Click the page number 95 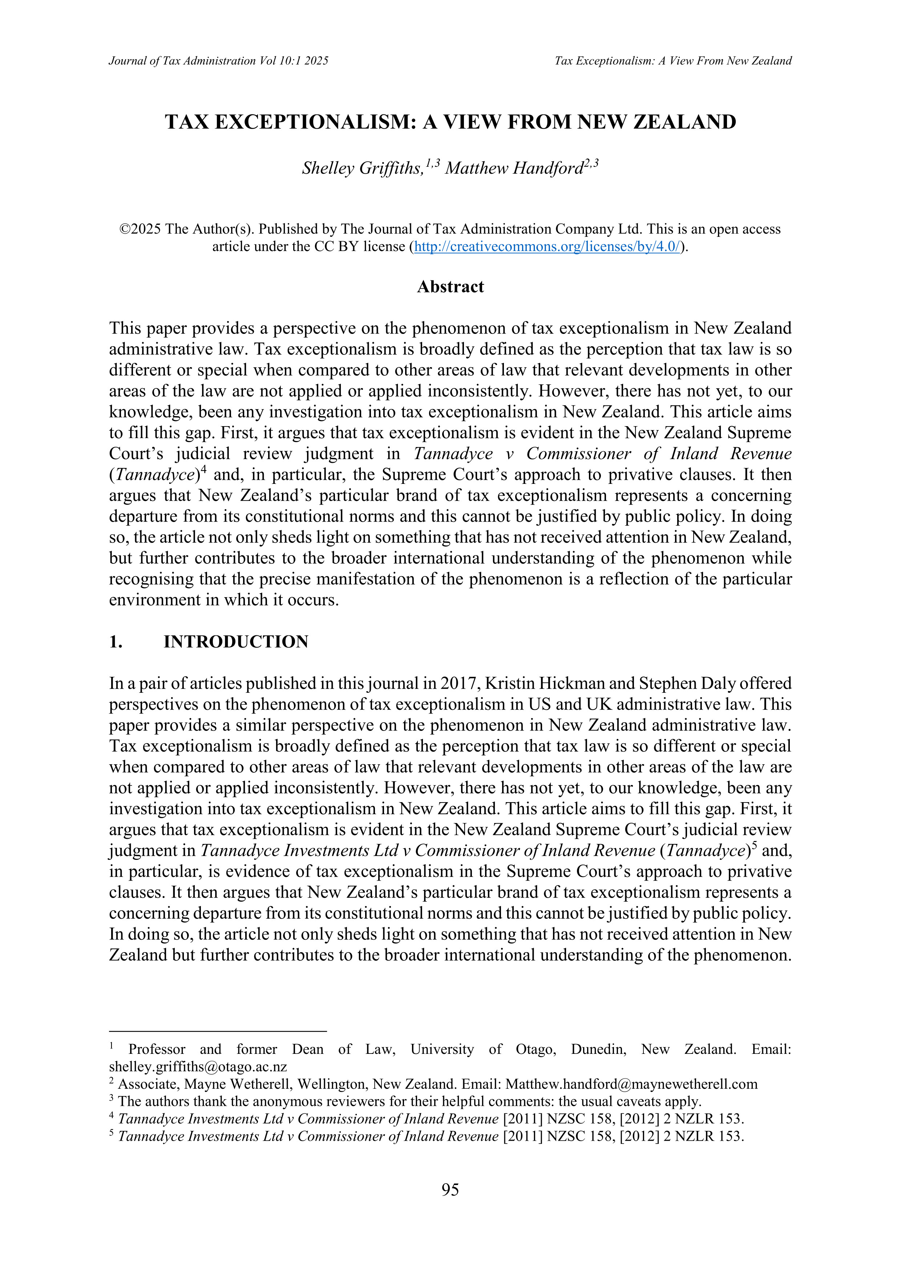pyautogui.click(x=450, y=1190)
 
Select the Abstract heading pyautogui.click(x=450, y=287)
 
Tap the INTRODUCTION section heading pyautogui.click(x=236, y=642)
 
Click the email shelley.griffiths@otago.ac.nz pyautogui.click(x=198, y=1067)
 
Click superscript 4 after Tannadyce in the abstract pyautogui.click(x=203, y=470)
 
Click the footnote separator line pyautogui.click(x=218, y=1031)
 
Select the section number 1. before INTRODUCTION pyautogui.click(x=116, y=642)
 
